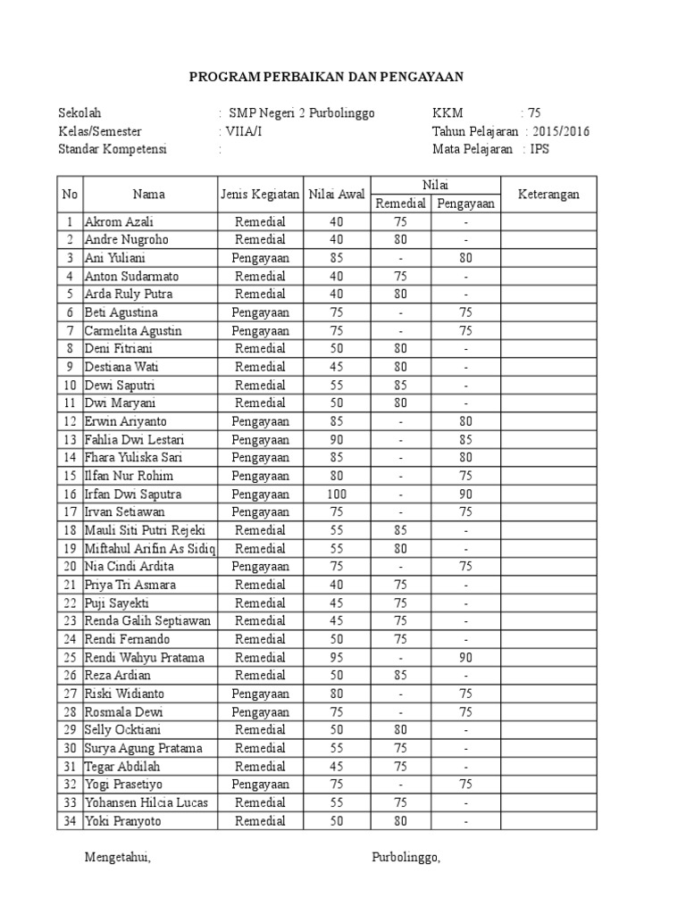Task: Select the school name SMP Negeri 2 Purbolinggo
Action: [302, 113]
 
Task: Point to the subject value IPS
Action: [540, 149]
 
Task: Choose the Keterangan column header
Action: [548, 194]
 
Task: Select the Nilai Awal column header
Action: [336, 194]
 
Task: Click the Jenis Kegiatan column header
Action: [259, 194]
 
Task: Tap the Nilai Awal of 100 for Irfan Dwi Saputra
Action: [336, 494]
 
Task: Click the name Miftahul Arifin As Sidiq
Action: [149, 548]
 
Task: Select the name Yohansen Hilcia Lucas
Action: [146, 802]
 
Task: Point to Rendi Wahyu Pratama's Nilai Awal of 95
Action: [336, 657]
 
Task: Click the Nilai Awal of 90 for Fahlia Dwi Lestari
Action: [336, 439]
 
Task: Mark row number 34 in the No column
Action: [69, 820]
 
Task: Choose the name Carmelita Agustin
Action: [133, 330]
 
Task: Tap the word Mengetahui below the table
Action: [117, 858]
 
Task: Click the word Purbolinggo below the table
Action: [406, 858]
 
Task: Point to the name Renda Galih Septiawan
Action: [147, 620]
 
